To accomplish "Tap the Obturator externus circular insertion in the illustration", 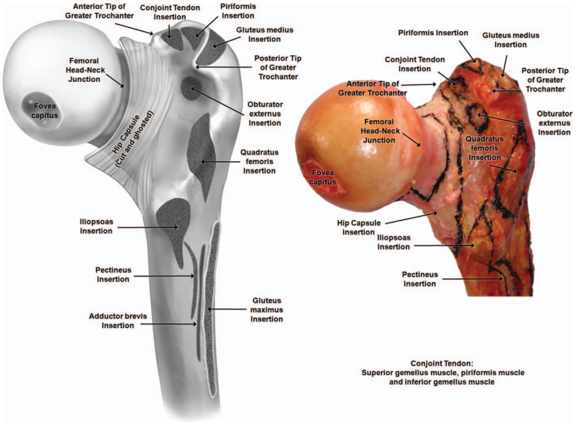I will click(189, 85).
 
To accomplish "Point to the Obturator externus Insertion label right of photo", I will click(554, 122).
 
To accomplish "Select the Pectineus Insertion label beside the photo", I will click(420, 279).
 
